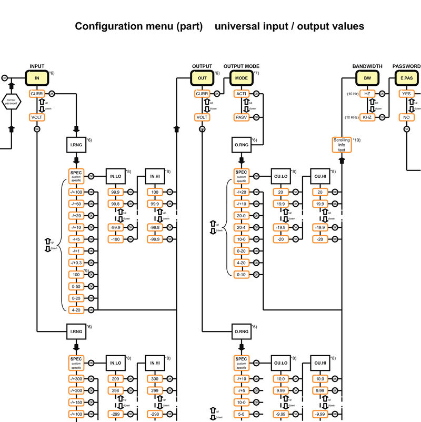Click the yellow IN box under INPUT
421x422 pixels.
pos(37,78)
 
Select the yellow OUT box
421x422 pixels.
pos(202,78)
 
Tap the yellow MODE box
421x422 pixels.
pos(242,78)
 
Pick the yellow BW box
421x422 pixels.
pos(367,78)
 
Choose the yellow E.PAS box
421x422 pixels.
pos(406,78)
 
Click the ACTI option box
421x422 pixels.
pos(242,94)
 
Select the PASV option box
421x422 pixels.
pos(242,117)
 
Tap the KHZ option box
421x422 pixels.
pos(367,117)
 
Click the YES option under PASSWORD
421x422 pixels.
pos(406,94)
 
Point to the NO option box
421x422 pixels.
pos(406,117)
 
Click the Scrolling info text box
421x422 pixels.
pos(342,145)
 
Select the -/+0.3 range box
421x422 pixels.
pos(77,263)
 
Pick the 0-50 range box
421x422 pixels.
pos(77,286)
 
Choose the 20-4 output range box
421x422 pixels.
pos(242,227)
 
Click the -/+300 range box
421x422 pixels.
pos(77,379)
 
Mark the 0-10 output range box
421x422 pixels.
pos(242,275)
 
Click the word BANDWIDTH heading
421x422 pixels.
pos(367,66)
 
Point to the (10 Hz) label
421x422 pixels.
pos(352,94)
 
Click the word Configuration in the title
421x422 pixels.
pos(108,26)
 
